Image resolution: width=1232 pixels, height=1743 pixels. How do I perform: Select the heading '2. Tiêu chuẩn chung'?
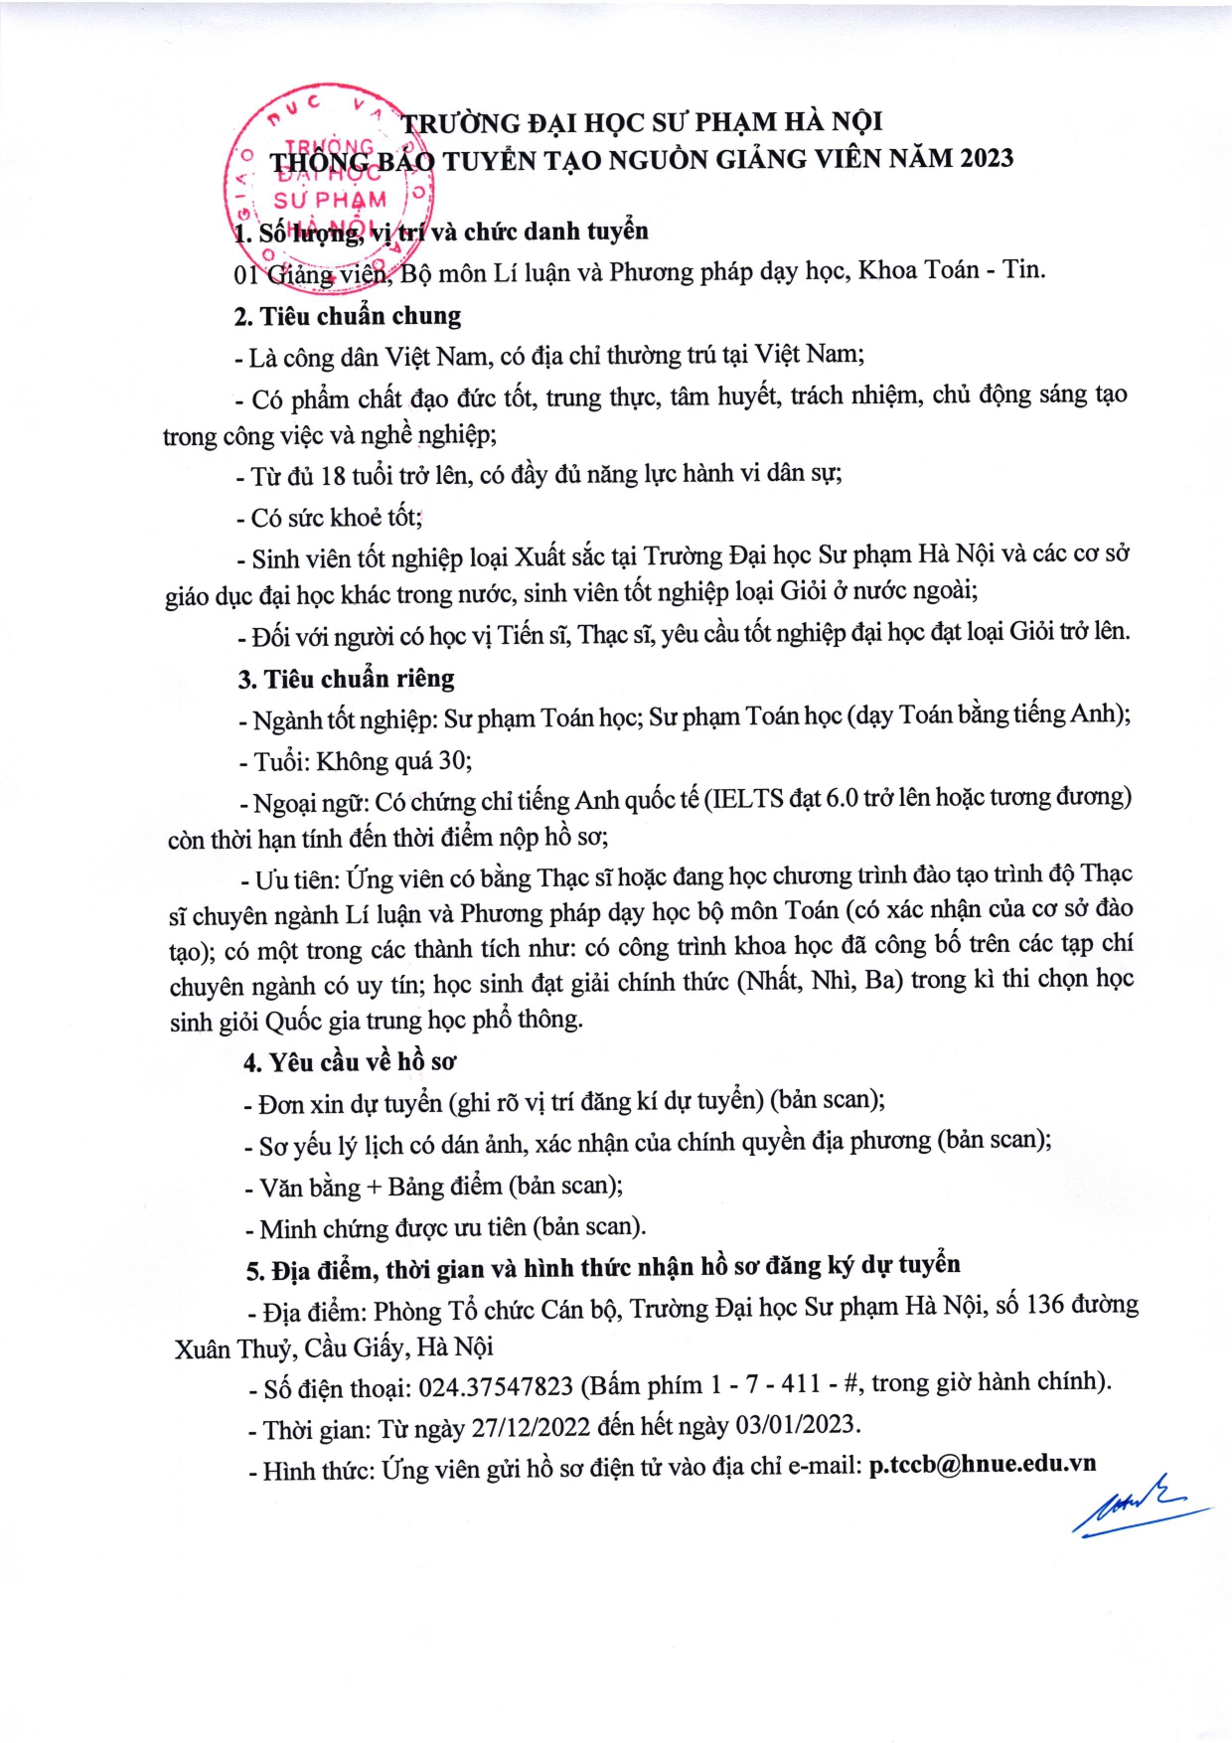click(348, 316)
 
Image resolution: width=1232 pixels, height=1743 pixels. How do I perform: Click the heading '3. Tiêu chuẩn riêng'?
click(346, 679)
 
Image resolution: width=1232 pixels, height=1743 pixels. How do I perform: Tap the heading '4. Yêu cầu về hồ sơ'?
click(350, 1062)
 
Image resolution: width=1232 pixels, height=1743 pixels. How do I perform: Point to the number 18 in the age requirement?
click(333, 476)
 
